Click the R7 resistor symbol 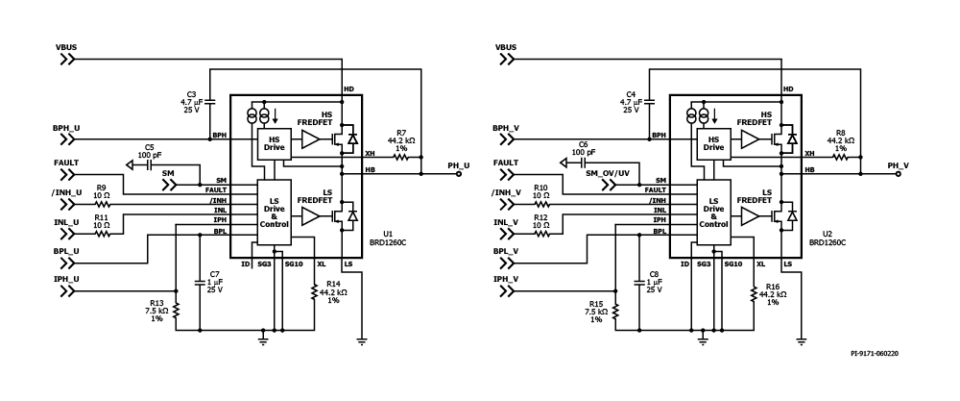coord(400,157)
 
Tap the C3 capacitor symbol coord(209,101)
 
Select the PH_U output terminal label coord(458,165)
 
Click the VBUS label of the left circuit coord(65,47)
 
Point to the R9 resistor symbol coord(103,204)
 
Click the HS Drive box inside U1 coord(271,144)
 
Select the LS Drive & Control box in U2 coord(713,213)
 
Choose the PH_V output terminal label coord(899,165)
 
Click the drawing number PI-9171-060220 coord(875,354)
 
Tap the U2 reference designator coord(828,234)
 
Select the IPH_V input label coord(506,279)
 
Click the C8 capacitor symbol coord(639,283)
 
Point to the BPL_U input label coord(66,251)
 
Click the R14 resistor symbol coord(314,292)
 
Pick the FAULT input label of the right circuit coord(506,163)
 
